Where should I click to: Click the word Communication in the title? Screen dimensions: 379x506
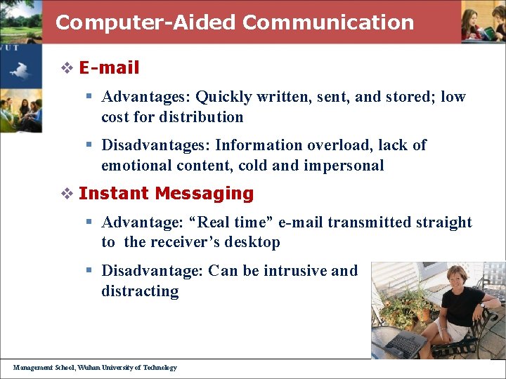tap(328, 22)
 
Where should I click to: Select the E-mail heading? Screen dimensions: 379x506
tap(109, 68)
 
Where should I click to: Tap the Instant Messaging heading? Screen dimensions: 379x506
tap(166, 193)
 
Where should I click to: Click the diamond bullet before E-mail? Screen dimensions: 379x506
tap(67, 68)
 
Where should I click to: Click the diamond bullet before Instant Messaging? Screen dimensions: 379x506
tap(67, 194)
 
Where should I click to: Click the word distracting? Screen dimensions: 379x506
tap(140, 291)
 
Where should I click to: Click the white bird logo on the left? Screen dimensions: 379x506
tap(21, 69)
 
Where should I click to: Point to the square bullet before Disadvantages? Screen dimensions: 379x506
tap(90, 145)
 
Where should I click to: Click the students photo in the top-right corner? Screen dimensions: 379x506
tap(483, 21)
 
